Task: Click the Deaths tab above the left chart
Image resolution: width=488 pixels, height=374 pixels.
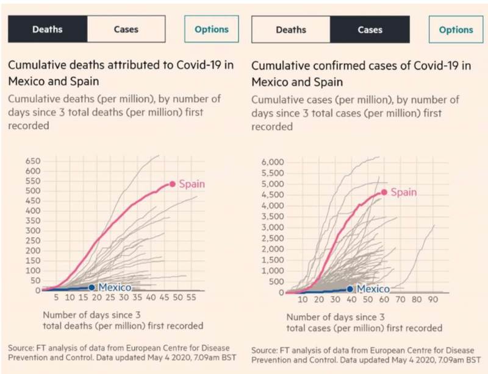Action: [47, 29]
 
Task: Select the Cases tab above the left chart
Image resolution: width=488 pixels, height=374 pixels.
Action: [126, 29]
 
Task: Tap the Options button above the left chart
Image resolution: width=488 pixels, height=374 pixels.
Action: [212, 29]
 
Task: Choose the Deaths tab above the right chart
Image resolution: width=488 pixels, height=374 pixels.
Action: [291, 29]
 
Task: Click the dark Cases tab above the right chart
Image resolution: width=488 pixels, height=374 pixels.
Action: [370, 29]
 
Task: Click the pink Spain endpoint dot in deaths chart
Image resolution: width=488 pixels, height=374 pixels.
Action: [173, 184]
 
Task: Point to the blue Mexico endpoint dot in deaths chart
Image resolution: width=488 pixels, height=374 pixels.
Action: [91, 288]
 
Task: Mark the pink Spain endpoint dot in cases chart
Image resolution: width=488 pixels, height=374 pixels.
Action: [384, 192]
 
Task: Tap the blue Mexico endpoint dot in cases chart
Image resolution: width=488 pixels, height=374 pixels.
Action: [350, 289]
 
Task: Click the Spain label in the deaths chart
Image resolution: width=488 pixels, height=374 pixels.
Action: [192, 184]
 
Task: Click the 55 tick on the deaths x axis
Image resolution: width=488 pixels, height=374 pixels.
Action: [191, 298]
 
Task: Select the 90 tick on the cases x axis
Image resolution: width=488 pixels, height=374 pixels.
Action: [433, 300]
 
